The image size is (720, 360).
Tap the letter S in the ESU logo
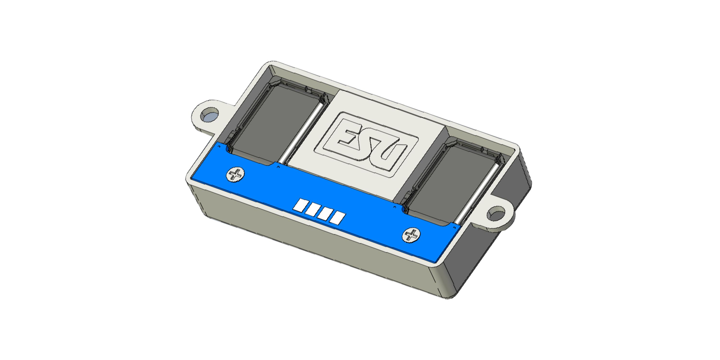pyautogui.click(x=369, y=145)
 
